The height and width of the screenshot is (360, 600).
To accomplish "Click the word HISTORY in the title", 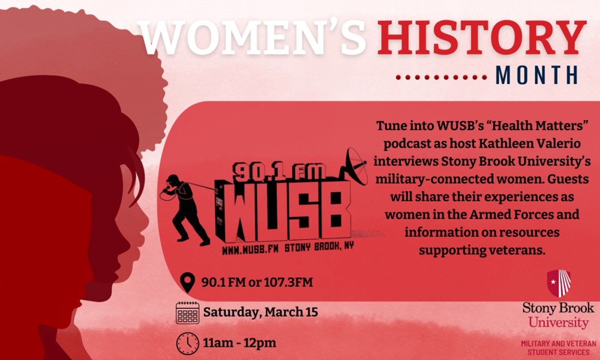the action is pos(482,37).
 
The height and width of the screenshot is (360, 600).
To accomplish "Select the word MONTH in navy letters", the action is pos(536,76).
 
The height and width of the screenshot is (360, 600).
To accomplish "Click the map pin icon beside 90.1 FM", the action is pos(187,283).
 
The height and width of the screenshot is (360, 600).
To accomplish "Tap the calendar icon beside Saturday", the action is pos(187,313).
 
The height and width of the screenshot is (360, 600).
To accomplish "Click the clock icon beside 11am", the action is pos(187,343).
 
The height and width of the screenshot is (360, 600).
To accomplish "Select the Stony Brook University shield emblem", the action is pos(559,283).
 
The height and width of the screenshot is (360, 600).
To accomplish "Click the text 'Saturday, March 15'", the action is pos(260,312).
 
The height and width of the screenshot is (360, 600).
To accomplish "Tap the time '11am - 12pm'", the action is pos(239,343).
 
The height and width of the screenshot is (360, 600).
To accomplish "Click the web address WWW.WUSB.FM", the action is pos(250,250).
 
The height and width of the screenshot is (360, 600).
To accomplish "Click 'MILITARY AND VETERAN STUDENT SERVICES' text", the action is pos(558,348).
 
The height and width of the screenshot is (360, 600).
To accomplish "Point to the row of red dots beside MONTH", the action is pos(441,77).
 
